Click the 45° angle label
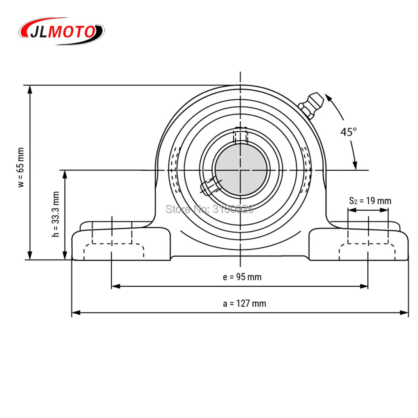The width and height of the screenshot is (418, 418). click(x=348, y=132)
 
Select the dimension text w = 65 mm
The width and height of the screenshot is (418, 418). click(x=21, y=168)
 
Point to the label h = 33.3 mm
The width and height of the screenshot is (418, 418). click(x=56, y=214)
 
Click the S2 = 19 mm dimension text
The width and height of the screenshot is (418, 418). click(x=370, y=201)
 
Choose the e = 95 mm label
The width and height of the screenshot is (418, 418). click(x=242, y=277)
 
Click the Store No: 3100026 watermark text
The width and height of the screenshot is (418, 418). click(x=209, y=209)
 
